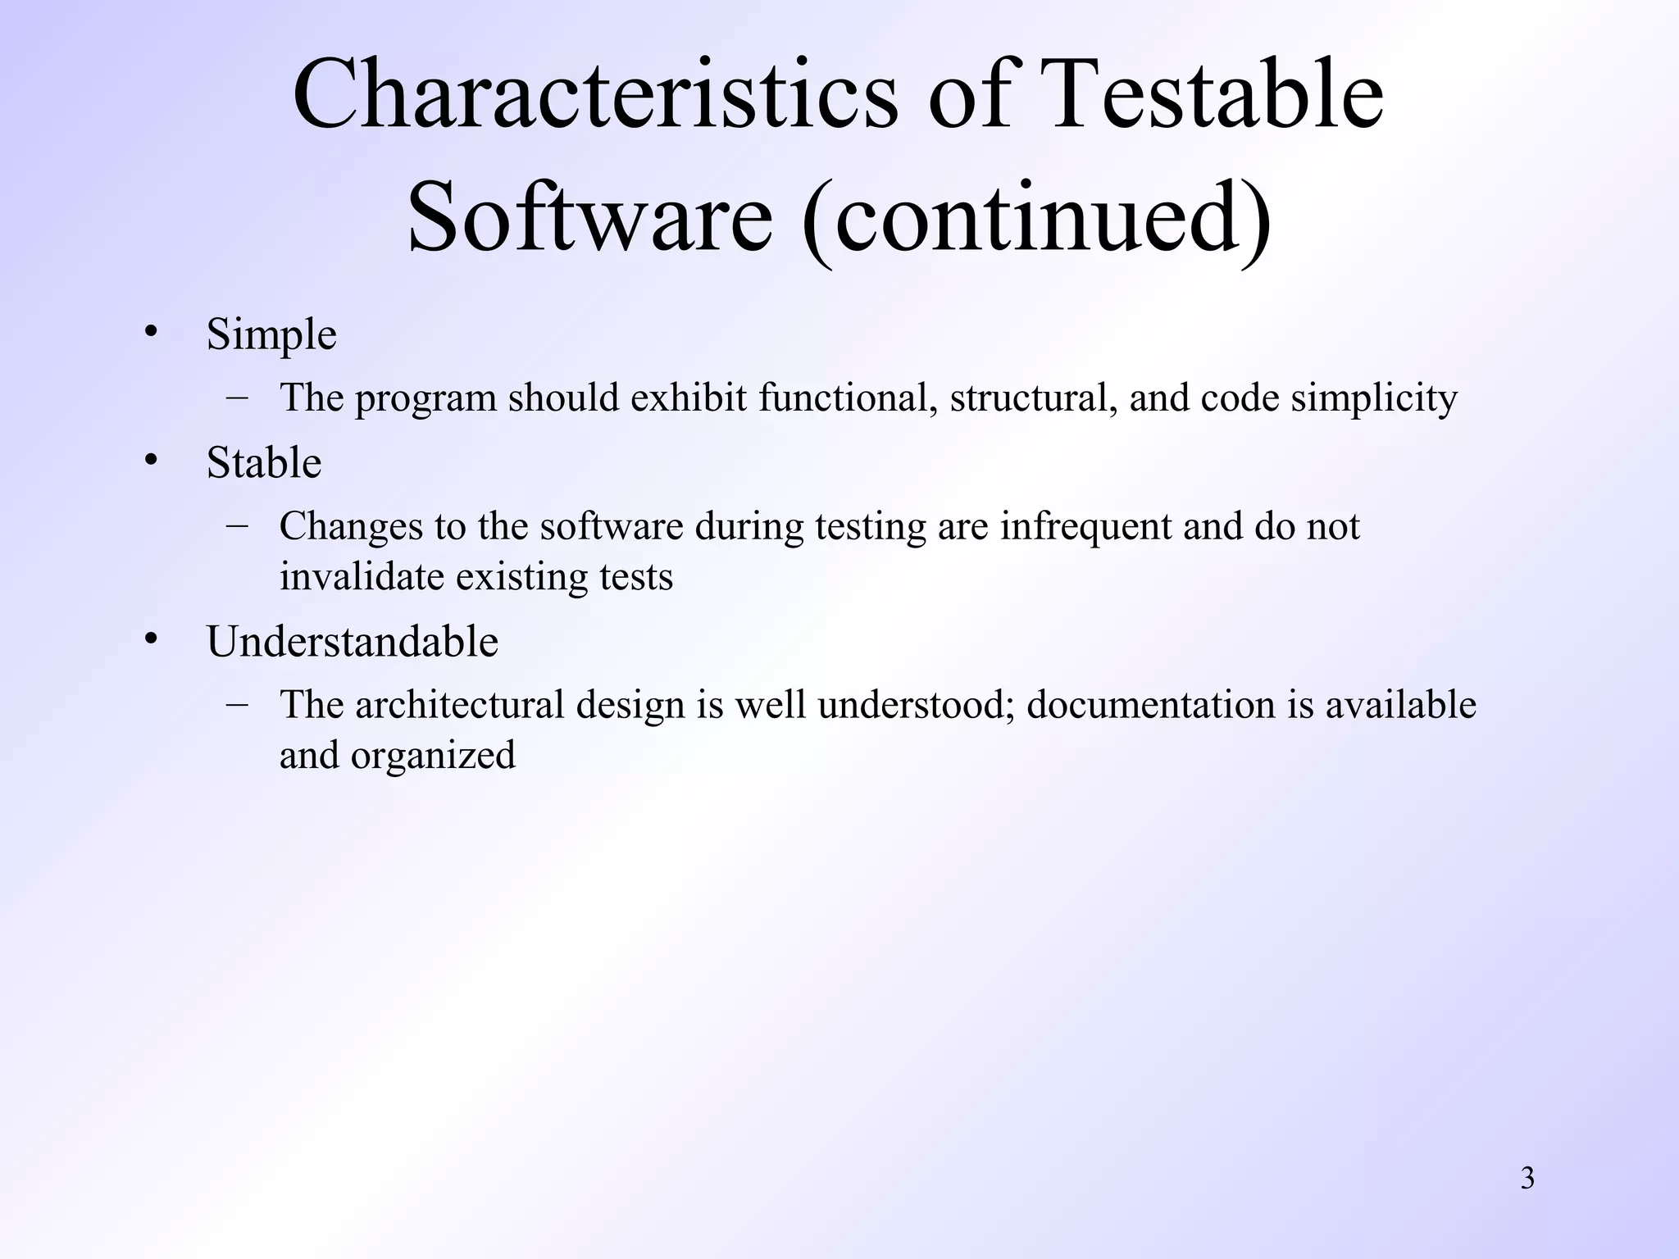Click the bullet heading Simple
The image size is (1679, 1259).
(x=271, y=334)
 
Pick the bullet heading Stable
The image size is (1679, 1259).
(x=264, y=462)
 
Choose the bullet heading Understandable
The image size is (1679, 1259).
(x=353, y=641)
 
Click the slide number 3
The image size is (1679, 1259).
(x=1527, y=1179)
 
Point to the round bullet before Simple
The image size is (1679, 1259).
(x=150, y=332)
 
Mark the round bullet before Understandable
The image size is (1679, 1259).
(x=150, y=639)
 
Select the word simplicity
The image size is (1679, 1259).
(x=1374, y=398)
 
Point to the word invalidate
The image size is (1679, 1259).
(x=362, y=576)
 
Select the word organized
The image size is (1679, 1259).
(x=433, y=756)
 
